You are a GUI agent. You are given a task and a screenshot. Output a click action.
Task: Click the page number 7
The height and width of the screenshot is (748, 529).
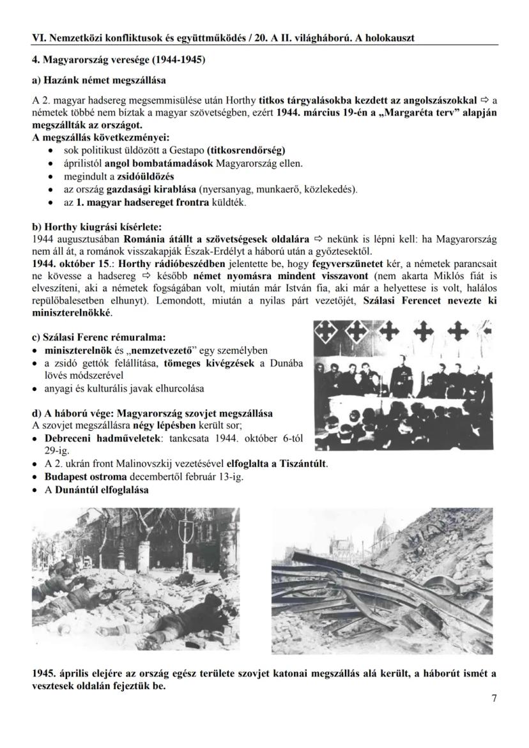pos(494,698)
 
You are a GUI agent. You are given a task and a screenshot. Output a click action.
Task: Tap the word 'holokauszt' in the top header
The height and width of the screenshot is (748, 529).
pos(388,38)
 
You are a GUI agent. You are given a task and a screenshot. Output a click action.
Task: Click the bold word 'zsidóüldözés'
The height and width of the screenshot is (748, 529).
pos(146,176)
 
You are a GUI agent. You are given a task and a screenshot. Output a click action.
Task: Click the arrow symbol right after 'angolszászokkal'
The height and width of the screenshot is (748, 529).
pos(485,100)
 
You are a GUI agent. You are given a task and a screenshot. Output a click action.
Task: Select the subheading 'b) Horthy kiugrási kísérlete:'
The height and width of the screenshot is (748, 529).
pos(97,227)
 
